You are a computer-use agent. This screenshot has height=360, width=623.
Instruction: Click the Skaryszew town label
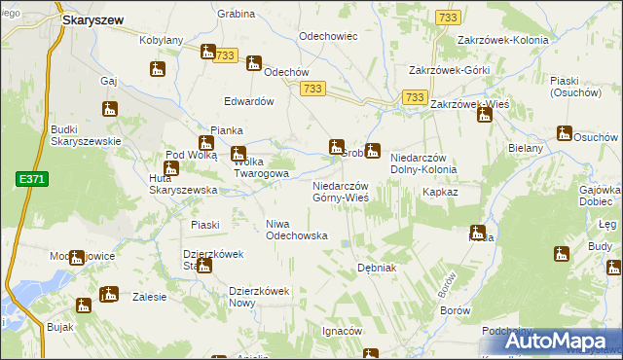[97, 18]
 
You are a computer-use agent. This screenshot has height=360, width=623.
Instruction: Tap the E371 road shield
[28, 179]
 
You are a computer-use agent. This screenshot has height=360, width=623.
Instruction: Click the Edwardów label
[251, 100]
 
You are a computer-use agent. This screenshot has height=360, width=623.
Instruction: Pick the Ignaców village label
[342, 331]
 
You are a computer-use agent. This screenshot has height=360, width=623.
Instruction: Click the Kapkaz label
[440, 193]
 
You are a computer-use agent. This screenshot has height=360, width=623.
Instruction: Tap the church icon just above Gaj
[158, 69]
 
